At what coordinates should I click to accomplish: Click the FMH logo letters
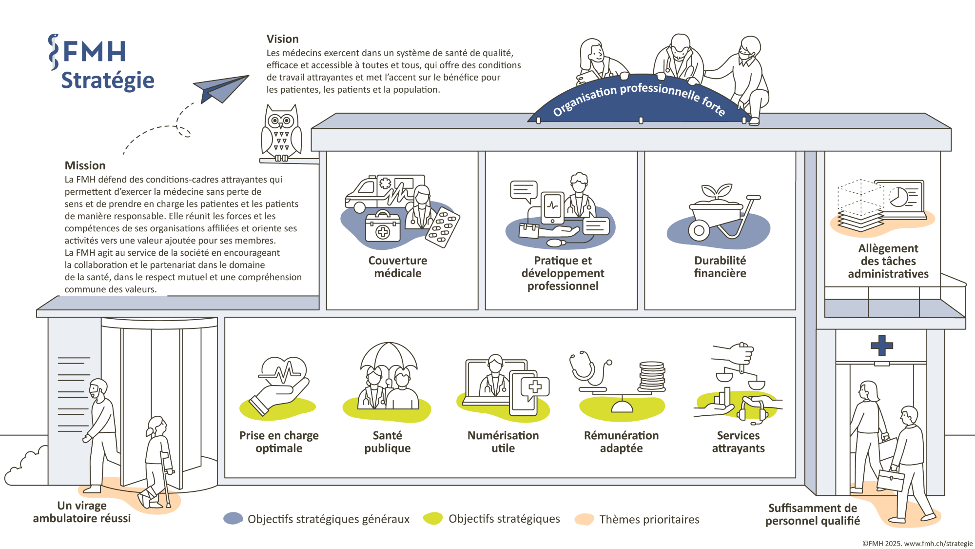[x=95, y=52]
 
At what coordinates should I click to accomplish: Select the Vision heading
[x=282, y=39]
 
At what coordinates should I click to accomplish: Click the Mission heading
[x=85, y=165]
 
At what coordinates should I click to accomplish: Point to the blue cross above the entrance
[x=882, y=345]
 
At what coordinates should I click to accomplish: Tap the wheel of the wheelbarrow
[x=699, y=230]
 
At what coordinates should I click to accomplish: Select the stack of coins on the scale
[x=652, y=376]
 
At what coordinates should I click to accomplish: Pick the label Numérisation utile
[x=503, y=442]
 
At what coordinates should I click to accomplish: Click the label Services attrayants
[x=738, y=442]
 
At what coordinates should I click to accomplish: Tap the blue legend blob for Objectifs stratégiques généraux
[x=233, y=518]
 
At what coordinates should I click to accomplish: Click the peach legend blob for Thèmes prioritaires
[x=584, y=519]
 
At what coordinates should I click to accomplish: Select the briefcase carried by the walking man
[x=891, y=479]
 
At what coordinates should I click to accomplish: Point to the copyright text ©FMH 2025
[x=917, y=543]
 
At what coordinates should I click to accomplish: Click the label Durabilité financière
[x=720, y=267]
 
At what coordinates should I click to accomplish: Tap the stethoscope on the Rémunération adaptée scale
[x=587, y=368]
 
